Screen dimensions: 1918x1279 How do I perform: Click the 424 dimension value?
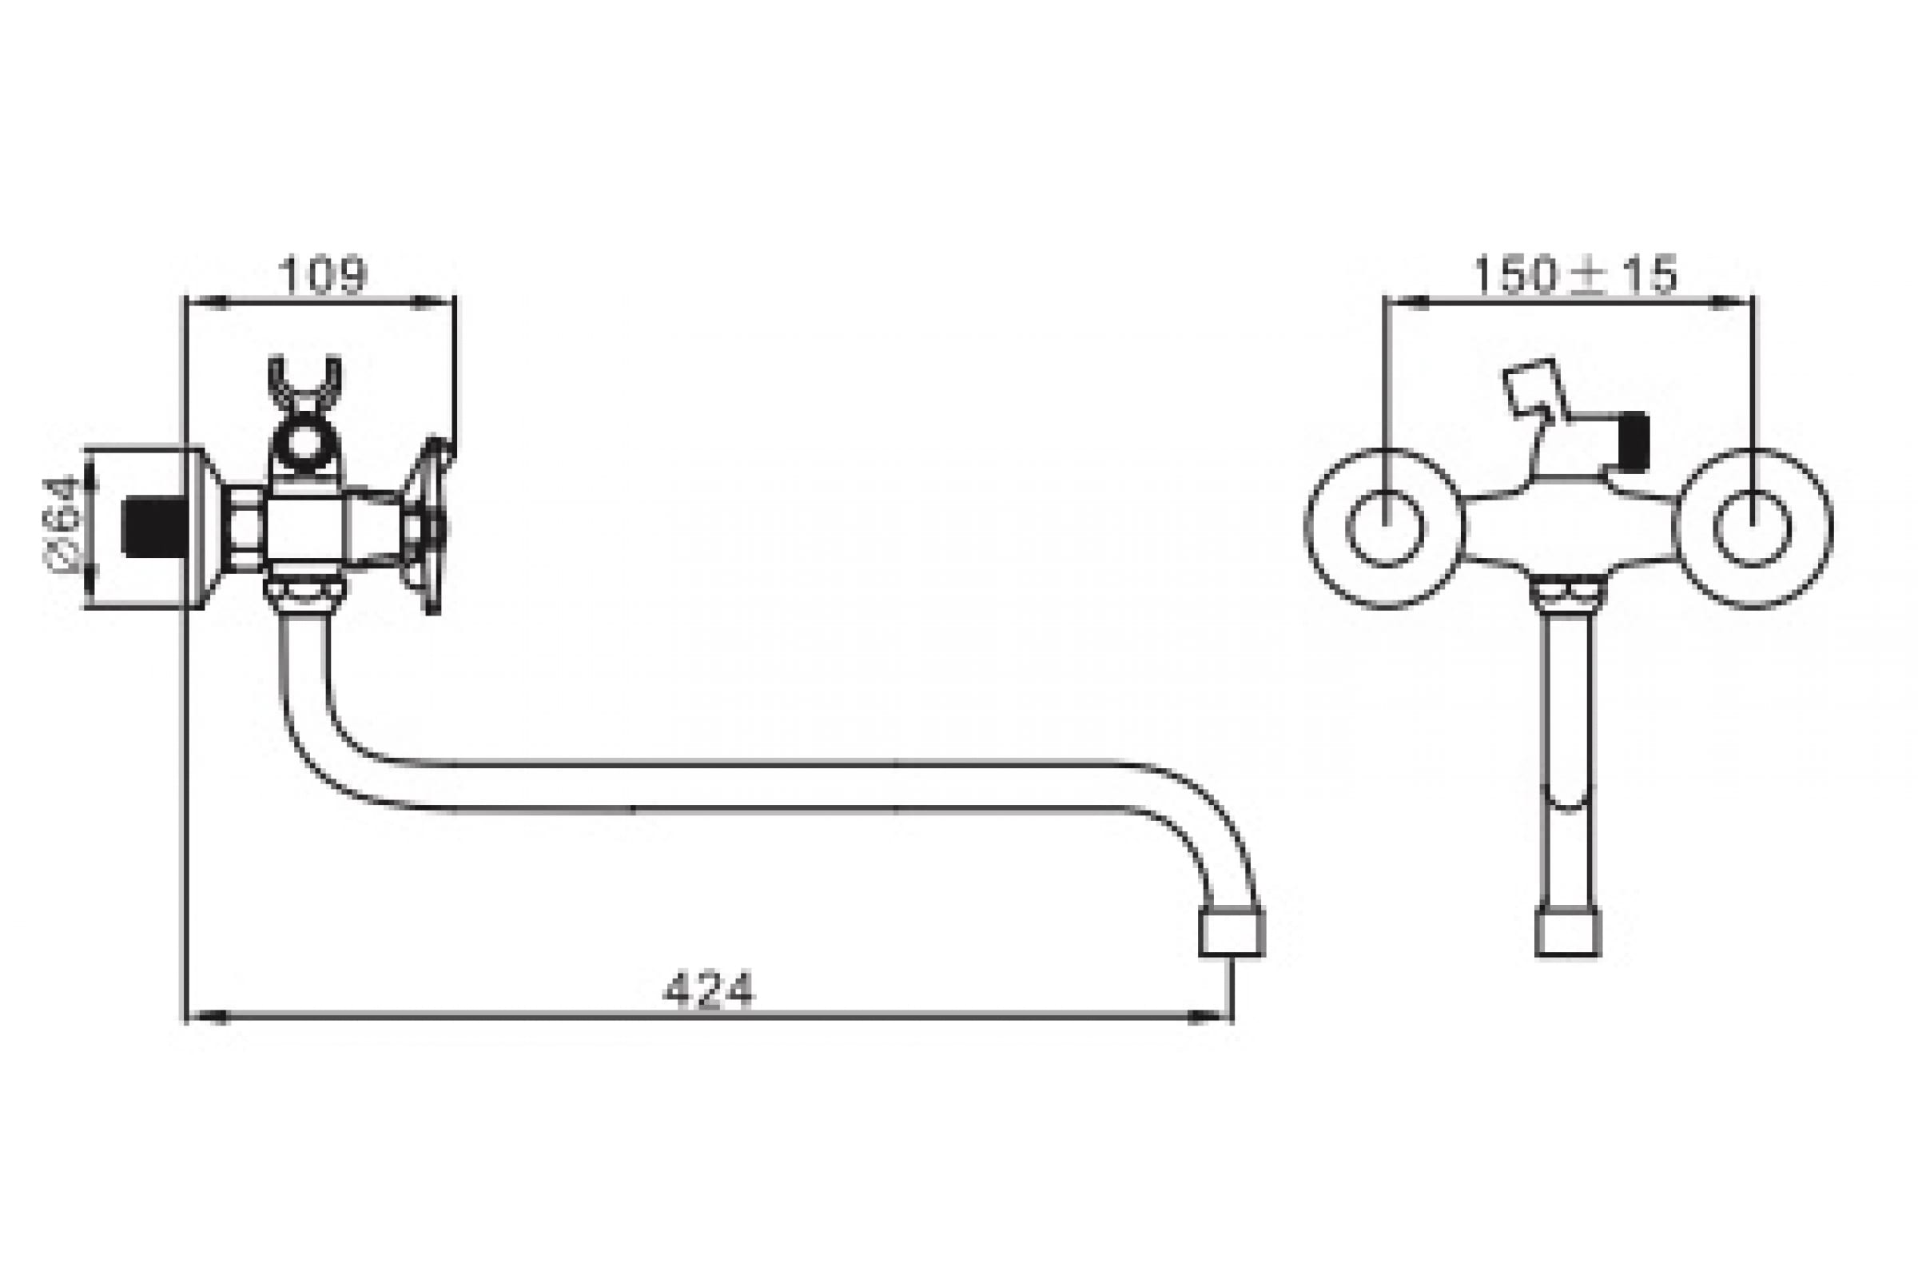(x=709, y=990)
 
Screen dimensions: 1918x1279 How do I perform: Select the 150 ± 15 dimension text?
(x=1575, y=275)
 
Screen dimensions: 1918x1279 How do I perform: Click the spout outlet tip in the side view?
(x=1232, y=932)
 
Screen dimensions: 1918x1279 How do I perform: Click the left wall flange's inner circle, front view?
(x=1386, y=528)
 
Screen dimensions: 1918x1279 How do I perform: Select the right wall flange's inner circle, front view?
(x=1753, y=528)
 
